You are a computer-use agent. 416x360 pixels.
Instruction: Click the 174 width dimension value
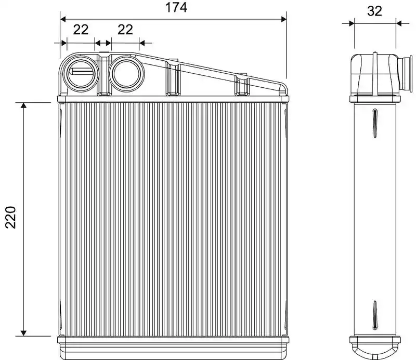176,7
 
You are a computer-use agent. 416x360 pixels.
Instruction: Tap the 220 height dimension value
11,217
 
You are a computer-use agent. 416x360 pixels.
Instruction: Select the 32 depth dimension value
374,11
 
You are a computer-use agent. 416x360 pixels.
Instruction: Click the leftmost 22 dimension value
81,30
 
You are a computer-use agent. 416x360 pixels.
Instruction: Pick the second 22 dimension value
125,30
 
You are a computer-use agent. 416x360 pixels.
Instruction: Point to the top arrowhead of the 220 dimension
23,105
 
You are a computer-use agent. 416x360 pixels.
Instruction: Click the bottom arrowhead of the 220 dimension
23,333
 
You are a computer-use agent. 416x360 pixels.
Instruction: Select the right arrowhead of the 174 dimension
283,19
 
